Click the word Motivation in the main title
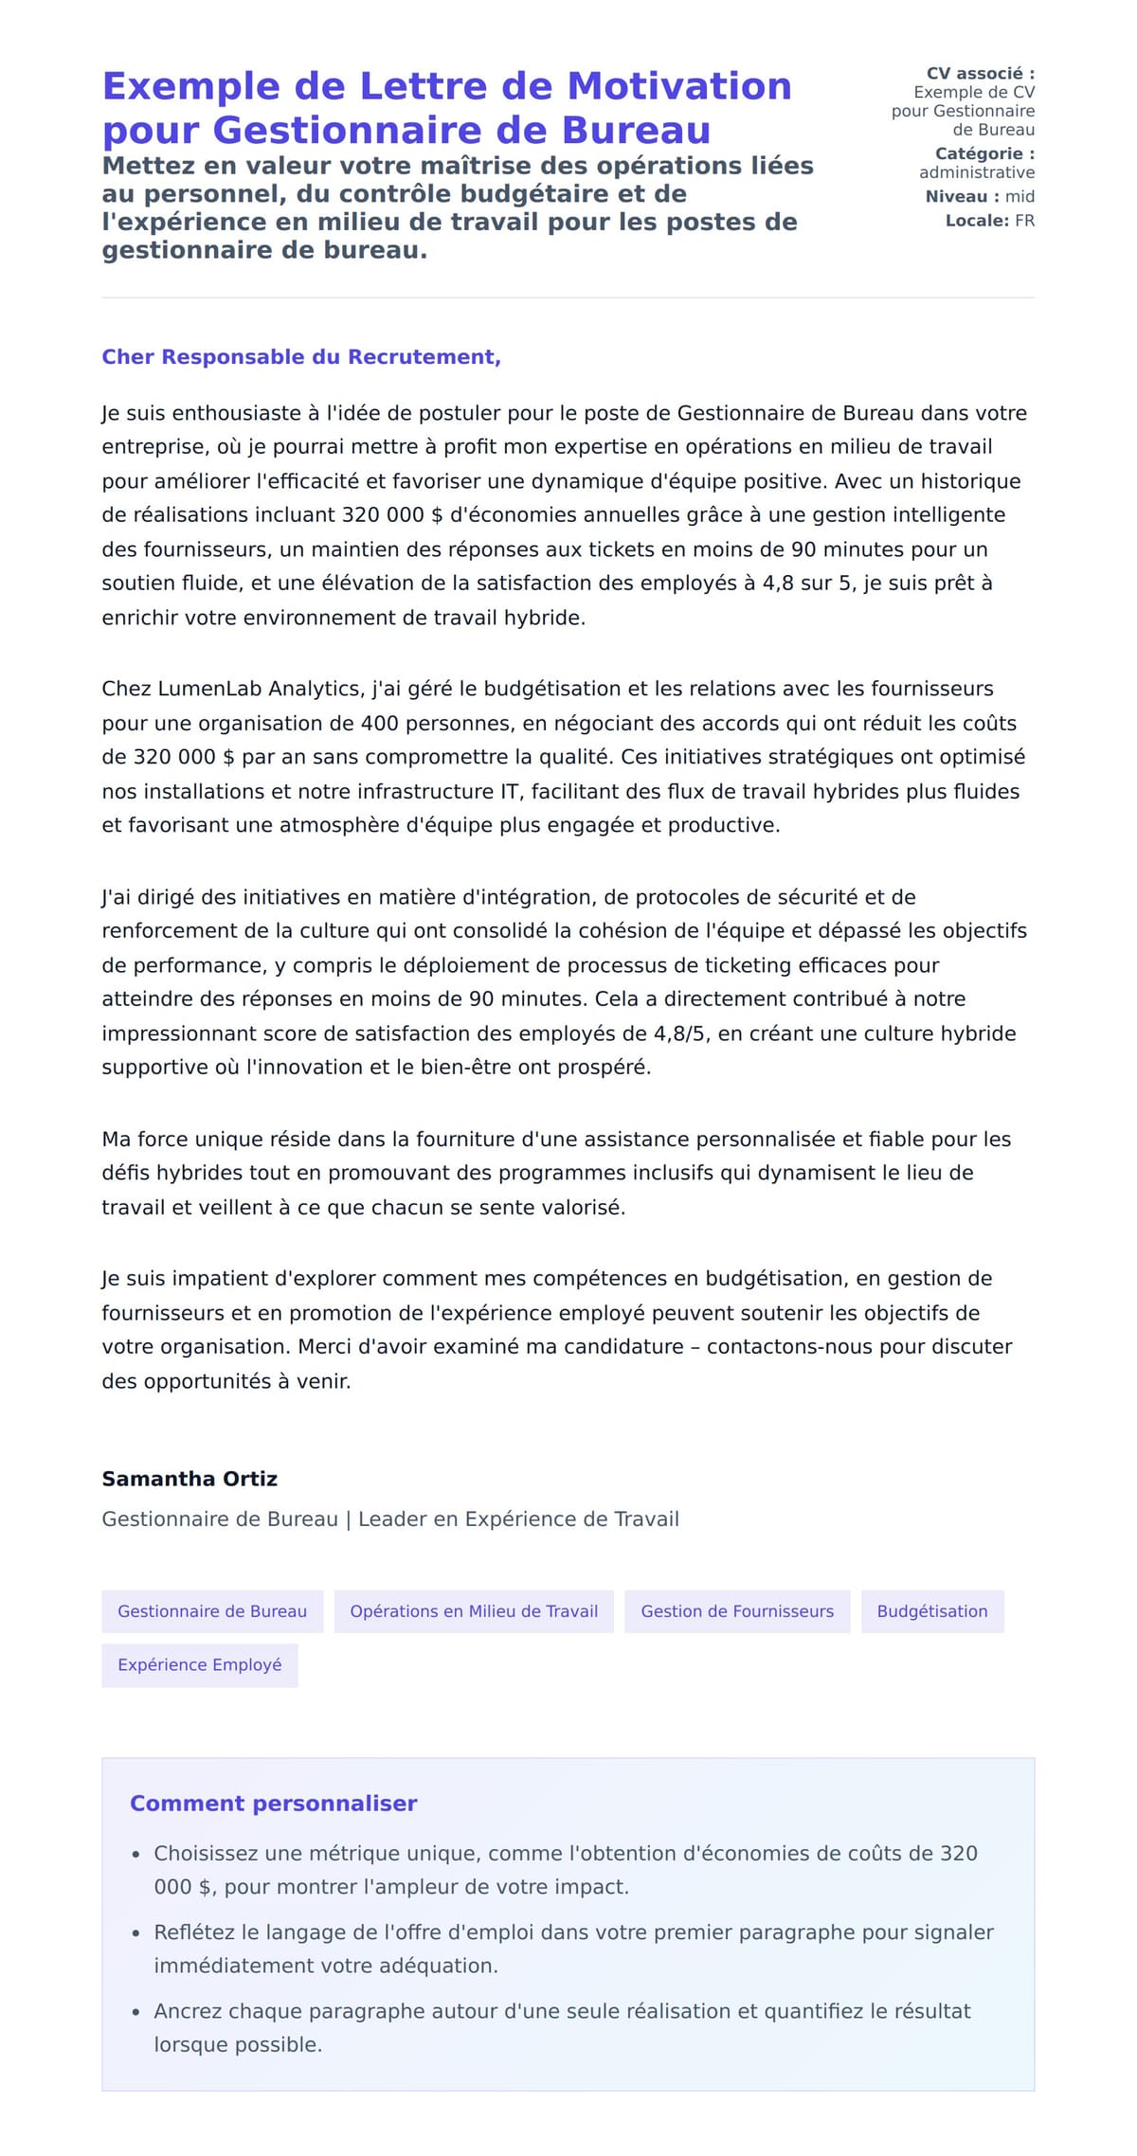678,86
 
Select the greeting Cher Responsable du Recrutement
301,357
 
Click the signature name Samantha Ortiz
189,1479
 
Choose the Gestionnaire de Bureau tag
212,1611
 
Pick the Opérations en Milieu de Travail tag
474,1611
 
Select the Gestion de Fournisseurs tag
737,1611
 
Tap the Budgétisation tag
932,1611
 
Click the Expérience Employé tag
200,1664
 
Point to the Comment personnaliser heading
274,1804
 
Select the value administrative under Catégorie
977,172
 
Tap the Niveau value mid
1020,197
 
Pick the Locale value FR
1024,221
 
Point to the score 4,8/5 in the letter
679,1033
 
